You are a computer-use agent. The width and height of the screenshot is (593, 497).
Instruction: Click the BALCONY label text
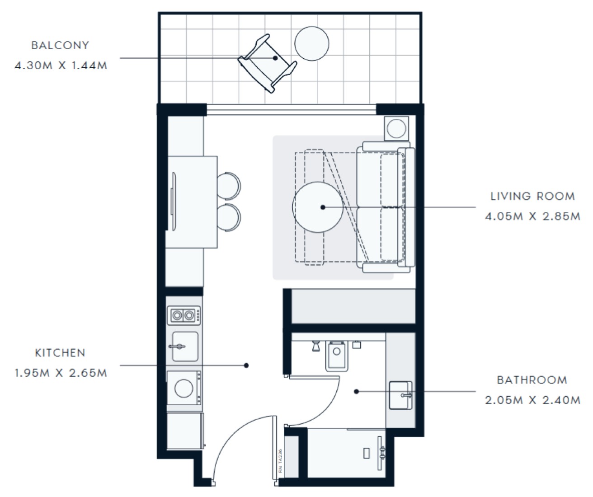pyautogui.click(x=60, y=46)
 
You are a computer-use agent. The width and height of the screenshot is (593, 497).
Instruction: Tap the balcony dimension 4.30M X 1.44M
pyautogui.click(x=61, y=66)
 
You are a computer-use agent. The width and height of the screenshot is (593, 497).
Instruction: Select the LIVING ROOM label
pyautogui.click(x=532, y=196)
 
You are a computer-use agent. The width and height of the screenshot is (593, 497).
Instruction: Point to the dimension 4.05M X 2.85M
pyautogui.click(x=532, y=216)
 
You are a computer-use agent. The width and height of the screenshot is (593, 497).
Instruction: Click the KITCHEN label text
pyautogui.click(x=60, y=353)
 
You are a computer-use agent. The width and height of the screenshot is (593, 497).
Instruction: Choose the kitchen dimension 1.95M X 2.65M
pyautogui.click(x=61, y=373)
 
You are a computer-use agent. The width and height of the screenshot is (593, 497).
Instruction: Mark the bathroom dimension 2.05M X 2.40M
pyautogui.click(x=532, y=400)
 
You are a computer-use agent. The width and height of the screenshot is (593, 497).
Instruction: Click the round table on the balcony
pyautogui.click(x=311, y=43)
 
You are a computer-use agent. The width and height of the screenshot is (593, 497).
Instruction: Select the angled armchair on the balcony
pyautogui.click(x=267, y=64)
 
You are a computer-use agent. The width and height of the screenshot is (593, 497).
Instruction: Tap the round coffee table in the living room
pyautogui.click(x=317, y=207)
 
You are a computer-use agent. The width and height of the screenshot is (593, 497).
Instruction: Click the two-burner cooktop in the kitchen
pyautogui.click(x=184, y=315)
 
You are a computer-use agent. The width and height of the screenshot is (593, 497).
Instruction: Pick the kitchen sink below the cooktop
pyautogui.click(x=185, y=347)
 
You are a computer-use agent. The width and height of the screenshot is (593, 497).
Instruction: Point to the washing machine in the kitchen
pyautogui.click(x=184, y=388)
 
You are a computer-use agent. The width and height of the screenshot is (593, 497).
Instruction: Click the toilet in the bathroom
pyautogui.click(x=337, y=356)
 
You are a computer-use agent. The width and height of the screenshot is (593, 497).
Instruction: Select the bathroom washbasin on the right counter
pyautogui.click(x=400, y=395)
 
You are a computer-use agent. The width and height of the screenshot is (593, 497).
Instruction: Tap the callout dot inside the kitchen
pyautogui.click(x=246, y=365)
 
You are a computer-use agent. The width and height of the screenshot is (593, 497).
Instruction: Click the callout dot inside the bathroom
pyautogui.click(x=357, y=392)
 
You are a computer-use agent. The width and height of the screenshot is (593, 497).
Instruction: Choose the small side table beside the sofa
pyautogui.click(x=396, y=128)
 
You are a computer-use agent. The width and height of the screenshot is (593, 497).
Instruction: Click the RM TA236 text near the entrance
pyautogui.click(x=281, y=461)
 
